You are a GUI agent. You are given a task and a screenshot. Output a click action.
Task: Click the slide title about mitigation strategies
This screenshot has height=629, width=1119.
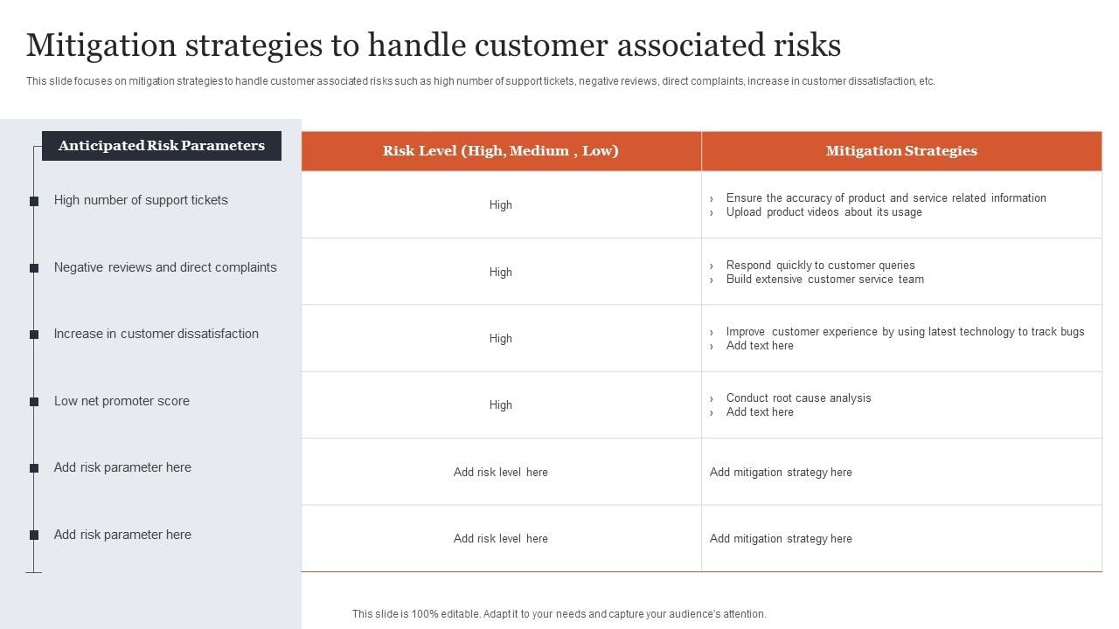click(x=434, y=45)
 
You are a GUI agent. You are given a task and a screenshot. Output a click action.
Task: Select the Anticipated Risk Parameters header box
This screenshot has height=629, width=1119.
click(x=162, y=146)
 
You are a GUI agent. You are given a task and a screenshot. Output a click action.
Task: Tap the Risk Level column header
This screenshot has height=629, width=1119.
click(x=501, y=151)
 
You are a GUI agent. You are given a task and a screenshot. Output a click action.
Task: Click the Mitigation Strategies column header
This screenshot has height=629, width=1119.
click(x=901, y=151)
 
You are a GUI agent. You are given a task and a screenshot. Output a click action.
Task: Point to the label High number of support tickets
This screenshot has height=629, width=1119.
click(x=141, y=200)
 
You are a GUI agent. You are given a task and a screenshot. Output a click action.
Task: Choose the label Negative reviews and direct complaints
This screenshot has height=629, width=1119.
click(x=165, y=267)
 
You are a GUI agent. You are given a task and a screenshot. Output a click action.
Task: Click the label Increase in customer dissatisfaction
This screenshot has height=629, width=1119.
click(x=156, y=334)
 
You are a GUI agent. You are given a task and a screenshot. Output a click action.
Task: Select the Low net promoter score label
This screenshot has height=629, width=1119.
click(x=122, y=401)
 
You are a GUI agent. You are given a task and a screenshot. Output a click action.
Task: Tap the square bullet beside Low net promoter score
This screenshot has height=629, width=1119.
click(x=34, y=402)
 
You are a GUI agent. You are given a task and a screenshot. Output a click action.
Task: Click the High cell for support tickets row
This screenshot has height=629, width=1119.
click(x=501, y=205)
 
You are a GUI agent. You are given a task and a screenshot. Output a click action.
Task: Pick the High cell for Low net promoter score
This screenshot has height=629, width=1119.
click(x=501, y=405)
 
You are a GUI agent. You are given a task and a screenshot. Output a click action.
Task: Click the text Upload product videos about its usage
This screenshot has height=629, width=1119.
click(x=824, y=212)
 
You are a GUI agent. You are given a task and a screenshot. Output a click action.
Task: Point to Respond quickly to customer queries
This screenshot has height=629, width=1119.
click(x=820, y=266)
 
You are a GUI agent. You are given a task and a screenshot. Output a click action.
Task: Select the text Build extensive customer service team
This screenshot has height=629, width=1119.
click(x=824, y=280)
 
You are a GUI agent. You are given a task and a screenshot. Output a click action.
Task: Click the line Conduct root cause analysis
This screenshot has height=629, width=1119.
click(x=798, y=398)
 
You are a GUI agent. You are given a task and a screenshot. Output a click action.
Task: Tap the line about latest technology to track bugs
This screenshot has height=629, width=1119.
click(x=905, y=332)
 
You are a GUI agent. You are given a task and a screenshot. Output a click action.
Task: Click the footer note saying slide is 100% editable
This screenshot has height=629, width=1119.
click(x=559, y=614)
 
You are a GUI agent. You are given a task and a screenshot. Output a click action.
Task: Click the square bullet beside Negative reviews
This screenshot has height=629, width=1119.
click(x=34, y=268)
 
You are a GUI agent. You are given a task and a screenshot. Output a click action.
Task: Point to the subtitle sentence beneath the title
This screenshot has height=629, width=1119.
click(x=480, y=81)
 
